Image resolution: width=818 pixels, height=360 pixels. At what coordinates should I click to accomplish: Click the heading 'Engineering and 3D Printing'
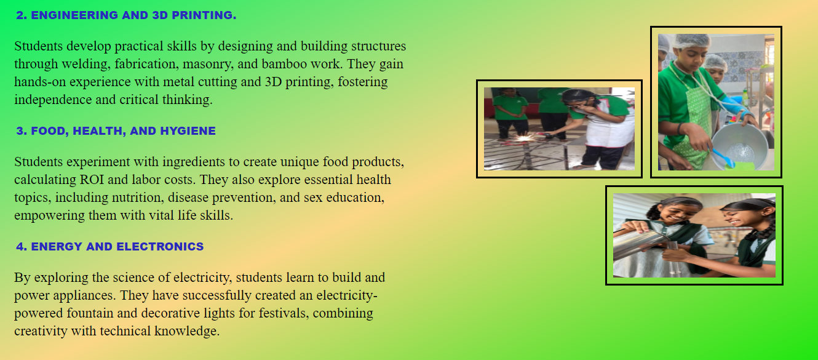(x=126, y=15)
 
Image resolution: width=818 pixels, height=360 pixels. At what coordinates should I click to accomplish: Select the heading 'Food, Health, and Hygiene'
(x=116, y=131)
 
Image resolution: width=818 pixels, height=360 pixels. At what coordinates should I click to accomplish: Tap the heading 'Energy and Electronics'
(x=109, y=246)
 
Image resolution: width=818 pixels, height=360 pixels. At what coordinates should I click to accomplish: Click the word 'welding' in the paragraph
(x=85, y=65)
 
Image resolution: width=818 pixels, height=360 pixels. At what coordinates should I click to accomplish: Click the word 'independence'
(x=53, y=100)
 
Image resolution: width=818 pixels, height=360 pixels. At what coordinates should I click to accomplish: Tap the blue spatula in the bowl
(x=723, y=158)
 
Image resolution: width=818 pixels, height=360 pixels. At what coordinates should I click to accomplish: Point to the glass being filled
(x=673, y=258)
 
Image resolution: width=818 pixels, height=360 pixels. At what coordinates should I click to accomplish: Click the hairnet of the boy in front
(x=691, y=41)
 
